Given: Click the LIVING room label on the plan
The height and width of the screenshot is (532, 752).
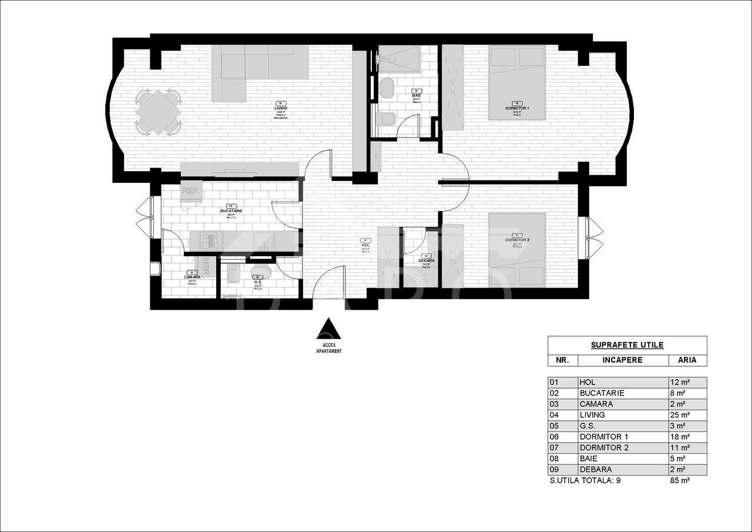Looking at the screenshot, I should tap(280, 108).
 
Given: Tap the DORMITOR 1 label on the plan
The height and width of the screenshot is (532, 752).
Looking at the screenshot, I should tap(517, 109).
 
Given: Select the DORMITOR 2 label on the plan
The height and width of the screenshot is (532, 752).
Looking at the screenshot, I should tap(517, 240).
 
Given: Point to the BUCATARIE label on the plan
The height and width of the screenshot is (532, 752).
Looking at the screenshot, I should tap(231, 210).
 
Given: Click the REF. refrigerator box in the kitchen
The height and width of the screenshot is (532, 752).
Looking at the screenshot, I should tap(191, 192).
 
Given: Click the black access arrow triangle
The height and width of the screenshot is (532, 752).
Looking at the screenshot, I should tap(329, 329).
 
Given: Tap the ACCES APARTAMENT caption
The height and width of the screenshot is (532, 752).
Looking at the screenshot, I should tap(329, 348).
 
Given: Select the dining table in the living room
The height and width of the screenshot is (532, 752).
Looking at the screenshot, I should tap(158, 111).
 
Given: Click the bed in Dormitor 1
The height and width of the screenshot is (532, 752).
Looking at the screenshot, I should tap(517, 82).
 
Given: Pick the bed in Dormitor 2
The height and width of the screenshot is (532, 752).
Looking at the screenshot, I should tap(517, 250).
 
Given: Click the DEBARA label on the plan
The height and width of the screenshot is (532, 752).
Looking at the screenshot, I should tap(427, 260).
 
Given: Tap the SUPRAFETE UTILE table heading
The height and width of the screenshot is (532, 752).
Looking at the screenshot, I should tap(627, 345).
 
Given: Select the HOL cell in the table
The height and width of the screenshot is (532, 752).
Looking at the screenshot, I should tap(587, 382).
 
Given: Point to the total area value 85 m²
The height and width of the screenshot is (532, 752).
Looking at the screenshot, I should tap(680, 480).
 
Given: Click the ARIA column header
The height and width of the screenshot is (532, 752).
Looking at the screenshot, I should tap(687, 360).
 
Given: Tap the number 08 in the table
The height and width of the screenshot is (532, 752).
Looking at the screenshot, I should tap(554, 459).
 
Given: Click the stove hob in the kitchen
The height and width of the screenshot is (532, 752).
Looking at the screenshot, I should tap(211, 240).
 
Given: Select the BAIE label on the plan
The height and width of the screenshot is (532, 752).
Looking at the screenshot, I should tap(417, 95).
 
